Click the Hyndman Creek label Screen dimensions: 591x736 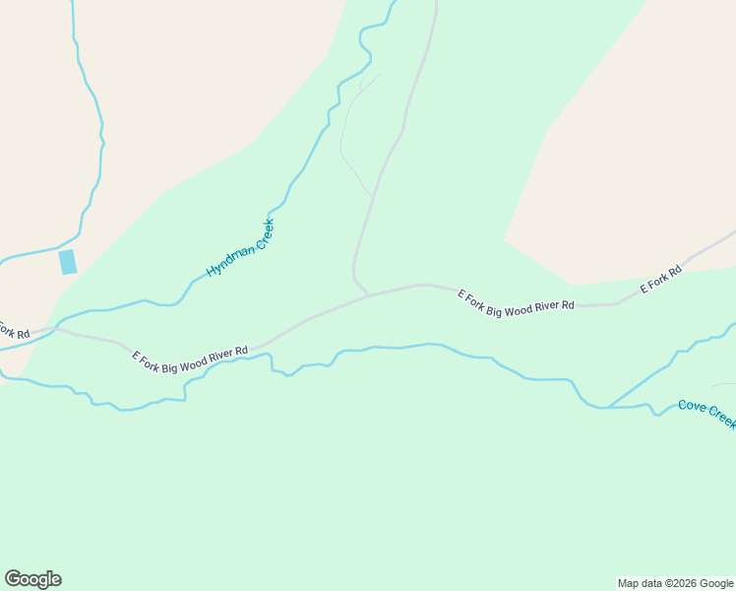click(x=240, y=248)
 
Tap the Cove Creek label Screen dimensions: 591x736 click(x=706, y=413)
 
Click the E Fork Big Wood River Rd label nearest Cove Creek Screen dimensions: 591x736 click(x=516, y=301)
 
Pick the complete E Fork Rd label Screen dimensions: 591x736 click(x=661, y=280)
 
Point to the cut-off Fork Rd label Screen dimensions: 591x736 click(x=12, y=330)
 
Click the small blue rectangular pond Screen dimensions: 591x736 click(x=68, y=262)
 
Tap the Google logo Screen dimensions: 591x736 click(x=32, y=579)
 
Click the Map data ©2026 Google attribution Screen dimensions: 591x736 click(x=675, y=583)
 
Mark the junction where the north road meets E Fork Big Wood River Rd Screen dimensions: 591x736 click(x=368, y=295)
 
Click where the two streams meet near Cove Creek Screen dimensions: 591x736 click(x=607, y=407)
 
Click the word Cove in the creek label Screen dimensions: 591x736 click(x=692, y=407)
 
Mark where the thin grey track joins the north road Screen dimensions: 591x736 click(x=371, y=195)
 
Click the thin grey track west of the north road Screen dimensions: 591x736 click(x=344, y=138)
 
